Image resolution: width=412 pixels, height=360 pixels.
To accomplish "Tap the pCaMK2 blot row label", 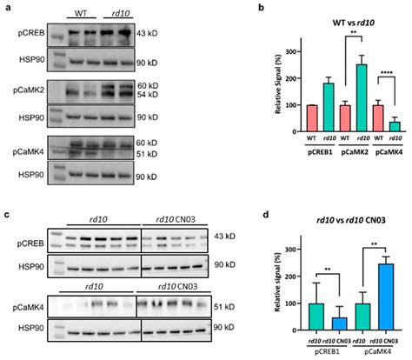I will point(25,87).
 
